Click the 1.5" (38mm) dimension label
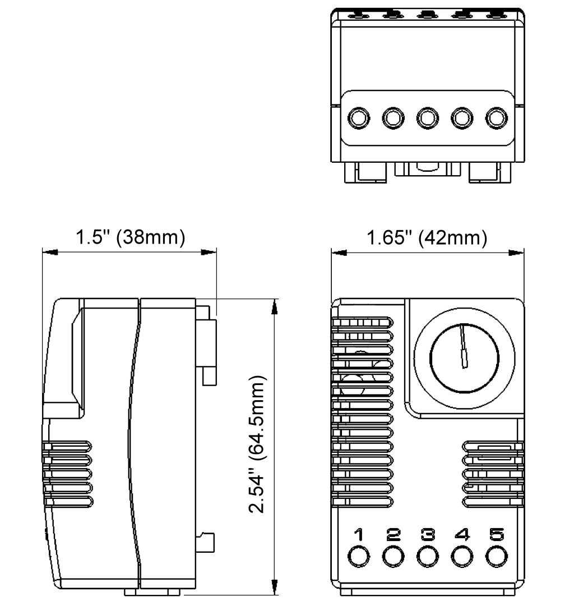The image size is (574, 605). [130, 237]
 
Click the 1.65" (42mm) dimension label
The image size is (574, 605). [427, 237]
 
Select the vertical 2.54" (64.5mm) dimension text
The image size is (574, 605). [258, 445]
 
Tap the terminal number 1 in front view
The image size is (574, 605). [359, 535]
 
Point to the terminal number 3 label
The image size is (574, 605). [427, 535]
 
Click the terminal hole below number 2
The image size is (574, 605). [393, 556]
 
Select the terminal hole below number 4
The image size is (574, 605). [461, 556]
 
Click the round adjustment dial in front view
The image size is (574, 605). [464, 357]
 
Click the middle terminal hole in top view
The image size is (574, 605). [427, 118]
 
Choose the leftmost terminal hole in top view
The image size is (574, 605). [359, 118]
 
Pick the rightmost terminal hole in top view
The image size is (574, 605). [496, 118]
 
